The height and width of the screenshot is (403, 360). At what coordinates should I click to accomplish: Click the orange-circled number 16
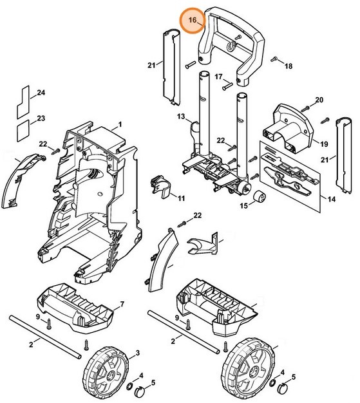click(193, 20)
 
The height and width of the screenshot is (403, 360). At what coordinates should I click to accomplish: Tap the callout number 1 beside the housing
click(120, 125)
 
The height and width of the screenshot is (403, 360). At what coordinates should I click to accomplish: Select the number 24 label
click(41, 93)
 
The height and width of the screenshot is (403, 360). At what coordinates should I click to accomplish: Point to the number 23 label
click(41, 118)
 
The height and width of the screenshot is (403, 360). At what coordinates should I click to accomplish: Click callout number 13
click(181, 117)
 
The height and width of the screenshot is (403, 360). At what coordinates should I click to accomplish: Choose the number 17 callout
click(218, 77)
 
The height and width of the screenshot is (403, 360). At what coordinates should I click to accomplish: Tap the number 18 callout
click(289, 66)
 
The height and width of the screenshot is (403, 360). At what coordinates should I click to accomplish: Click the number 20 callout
click(319, 100)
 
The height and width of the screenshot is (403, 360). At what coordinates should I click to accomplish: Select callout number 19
click(324, 144)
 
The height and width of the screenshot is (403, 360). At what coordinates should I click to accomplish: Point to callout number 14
click(332, 199)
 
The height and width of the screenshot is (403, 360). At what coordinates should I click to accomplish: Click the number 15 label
click(244, 205)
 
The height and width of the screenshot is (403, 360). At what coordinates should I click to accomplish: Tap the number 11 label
click(182, 198)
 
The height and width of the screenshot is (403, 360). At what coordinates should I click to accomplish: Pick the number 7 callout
click(122, 305)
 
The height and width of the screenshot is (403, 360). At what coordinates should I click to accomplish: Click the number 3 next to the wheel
click(138, 353)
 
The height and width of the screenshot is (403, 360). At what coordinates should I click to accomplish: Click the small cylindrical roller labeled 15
click(260, 197)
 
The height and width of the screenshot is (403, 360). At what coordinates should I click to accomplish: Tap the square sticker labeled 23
click(23, 131)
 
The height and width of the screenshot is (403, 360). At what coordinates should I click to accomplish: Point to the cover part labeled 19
click(288, 128)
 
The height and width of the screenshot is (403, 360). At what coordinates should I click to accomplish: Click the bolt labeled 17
click(227, 86)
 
